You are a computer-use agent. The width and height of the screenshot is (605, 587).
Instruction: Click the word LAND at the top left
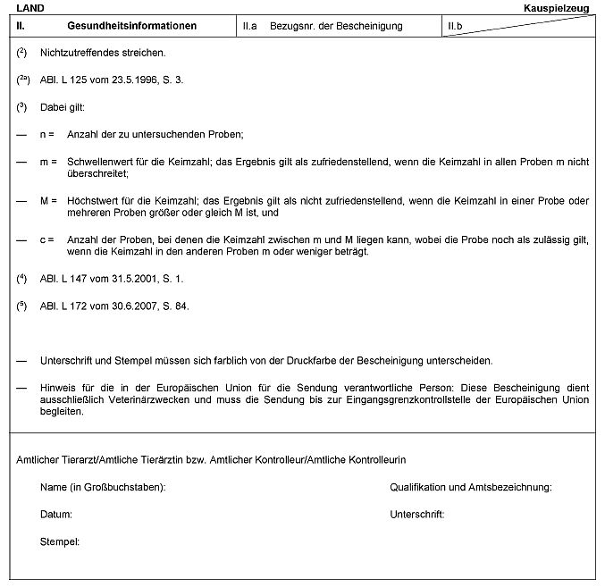[30, 7]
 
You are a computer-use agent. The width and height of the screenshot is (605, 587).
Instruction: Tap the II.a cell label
[250, 27]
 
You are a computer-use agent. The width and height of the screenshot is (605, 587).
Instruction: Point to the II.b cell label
[455, 27]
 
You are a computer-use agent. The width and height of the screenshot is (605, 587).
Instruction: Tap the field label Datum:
[56, 515]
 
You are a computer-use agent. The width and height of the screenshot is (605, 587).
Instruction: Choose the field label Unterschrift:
[417, 515]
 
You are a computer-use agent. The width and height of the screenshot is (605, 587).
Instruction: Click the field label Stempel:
[60, 542]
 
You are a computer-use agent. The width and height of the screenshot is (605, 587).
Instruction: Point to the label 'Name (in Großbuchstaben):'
[103, 488]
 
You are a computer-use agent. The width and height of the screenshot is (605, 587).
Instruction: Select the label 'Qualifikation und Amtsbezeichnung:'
[470, 488]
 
